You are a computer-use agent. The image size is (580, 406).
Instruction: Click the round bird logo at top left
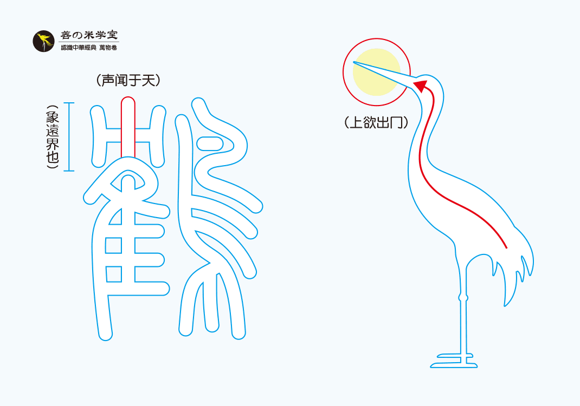tap(43, 42)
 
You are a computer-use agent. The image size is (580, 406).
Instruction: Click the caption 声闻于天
tap(128, 81)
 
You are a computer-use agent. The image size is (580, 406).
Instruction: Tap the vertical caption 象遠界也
tap(53, 137)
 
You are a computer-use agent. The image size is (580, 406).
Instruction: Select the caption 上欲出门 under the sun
tap(376, 122)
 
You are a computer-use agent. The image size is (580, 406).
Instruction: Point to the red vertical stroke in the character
tap(128, 127)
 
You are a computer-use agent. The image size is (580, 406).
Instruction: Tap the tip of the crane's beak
tap(355, 63)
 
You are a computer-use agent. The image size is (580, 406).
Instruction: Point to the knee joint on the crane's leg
tap(462, 297)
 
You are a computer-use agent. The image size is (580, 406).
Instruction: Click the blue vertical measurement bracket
tap(69, 137)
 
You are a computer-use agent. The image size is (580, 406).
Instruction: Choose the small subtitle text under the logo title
tap(89, 48)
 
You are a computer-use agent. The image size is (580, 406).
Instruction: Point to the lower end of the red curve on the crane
tap(506, 247)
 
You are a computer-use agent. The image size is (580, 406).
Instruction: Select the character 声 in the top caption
tap(108, 81)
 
